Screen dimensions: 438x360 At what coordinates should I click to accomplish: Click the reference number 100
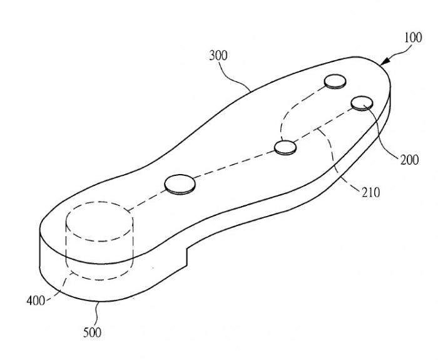pos(413,38)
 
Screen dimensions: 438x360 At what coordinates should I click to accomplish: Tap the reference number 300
pos(218,56)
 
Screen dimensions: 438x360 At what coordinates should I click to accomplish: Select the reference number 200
pos(409,160)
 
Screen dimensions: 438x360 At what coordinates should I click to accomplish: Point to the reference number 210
pos(371,193)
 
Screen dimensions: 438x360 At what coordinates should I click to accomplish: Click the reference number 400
pos(36,301)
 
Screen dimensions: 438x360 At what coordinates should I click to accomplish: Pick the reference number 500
pos(92,332)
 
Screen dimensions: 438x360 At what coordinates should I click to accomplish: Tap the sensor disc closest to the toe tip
pos(335,81)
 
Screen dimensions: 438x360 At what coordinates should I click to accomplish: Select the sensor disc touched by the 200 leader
pos(362,103)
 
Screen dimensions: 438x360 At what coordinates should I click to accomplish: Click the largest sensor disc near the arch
pos(180,184)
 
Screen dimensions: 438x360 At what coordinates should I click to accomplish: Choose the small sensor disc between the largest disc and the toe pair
pos(285,147)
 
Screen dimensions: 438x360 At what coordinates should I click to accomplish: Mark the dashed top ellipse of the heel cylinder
pos(99,222)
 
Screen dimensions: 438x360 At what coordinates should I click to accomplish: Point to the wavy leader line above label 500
pos(97,314)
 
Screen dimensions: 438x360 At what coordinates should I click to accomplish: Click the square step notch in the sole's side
pos(186,255)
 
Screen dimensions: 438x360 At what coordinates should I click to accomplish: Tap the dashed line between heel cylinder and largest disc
pos(146,200)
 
